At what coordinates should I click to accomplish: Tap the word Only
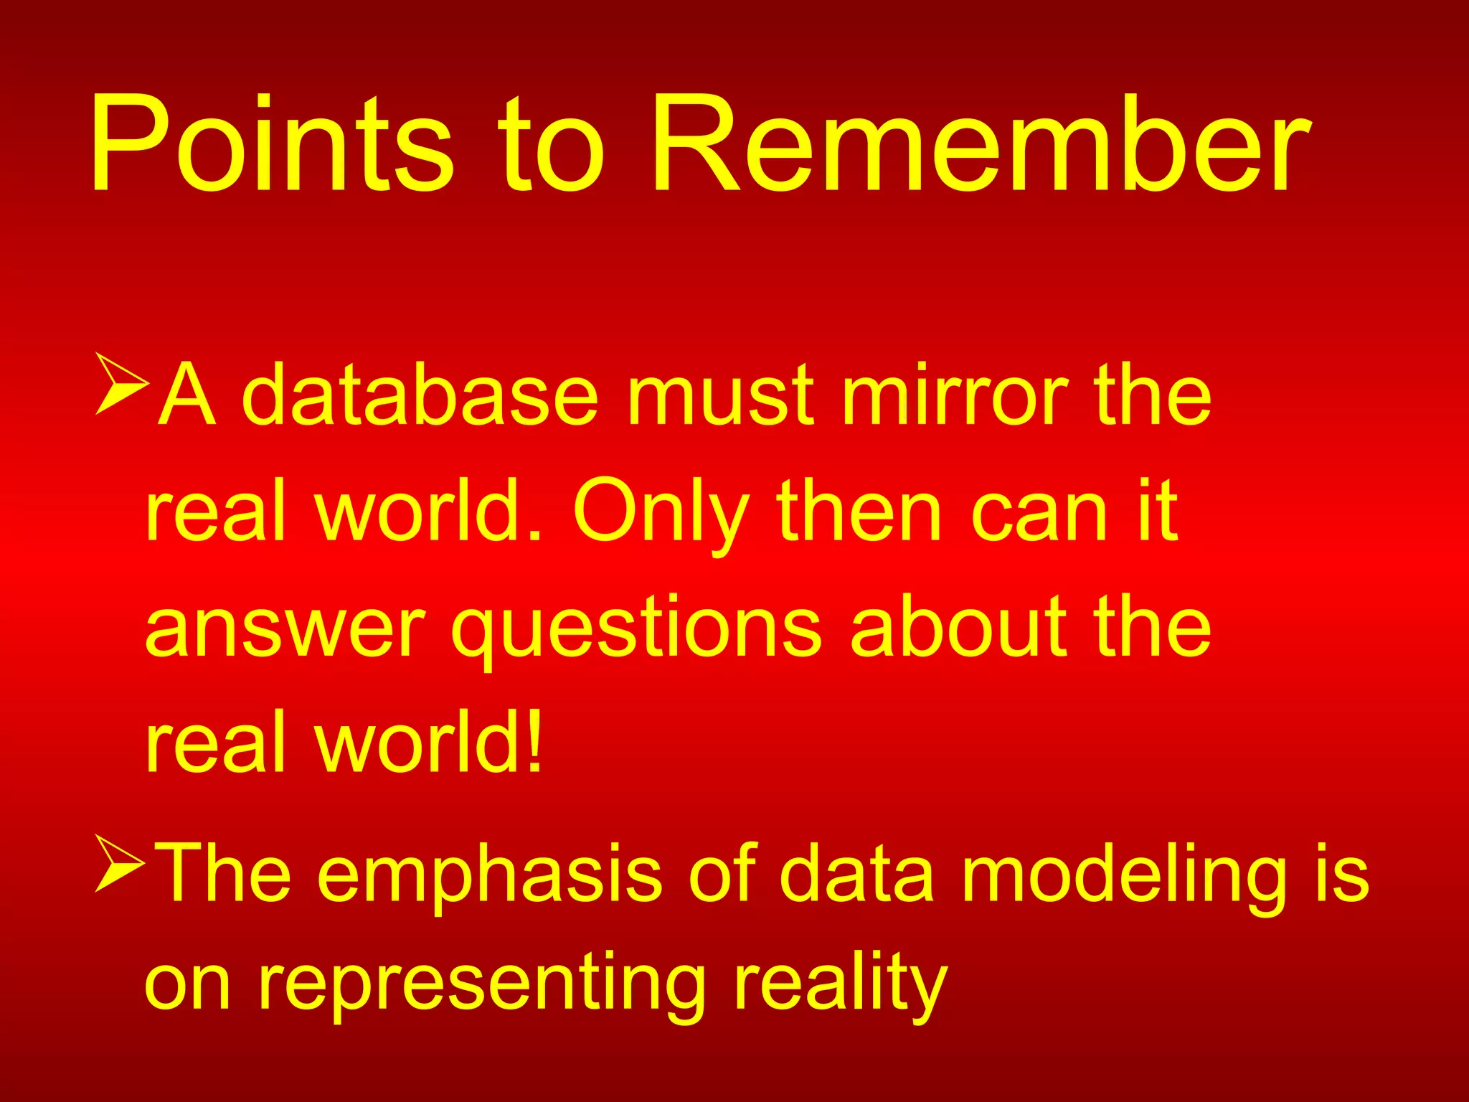(x=661, y=514)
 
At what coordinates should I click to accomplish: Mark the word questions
(x=636, y=630)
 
